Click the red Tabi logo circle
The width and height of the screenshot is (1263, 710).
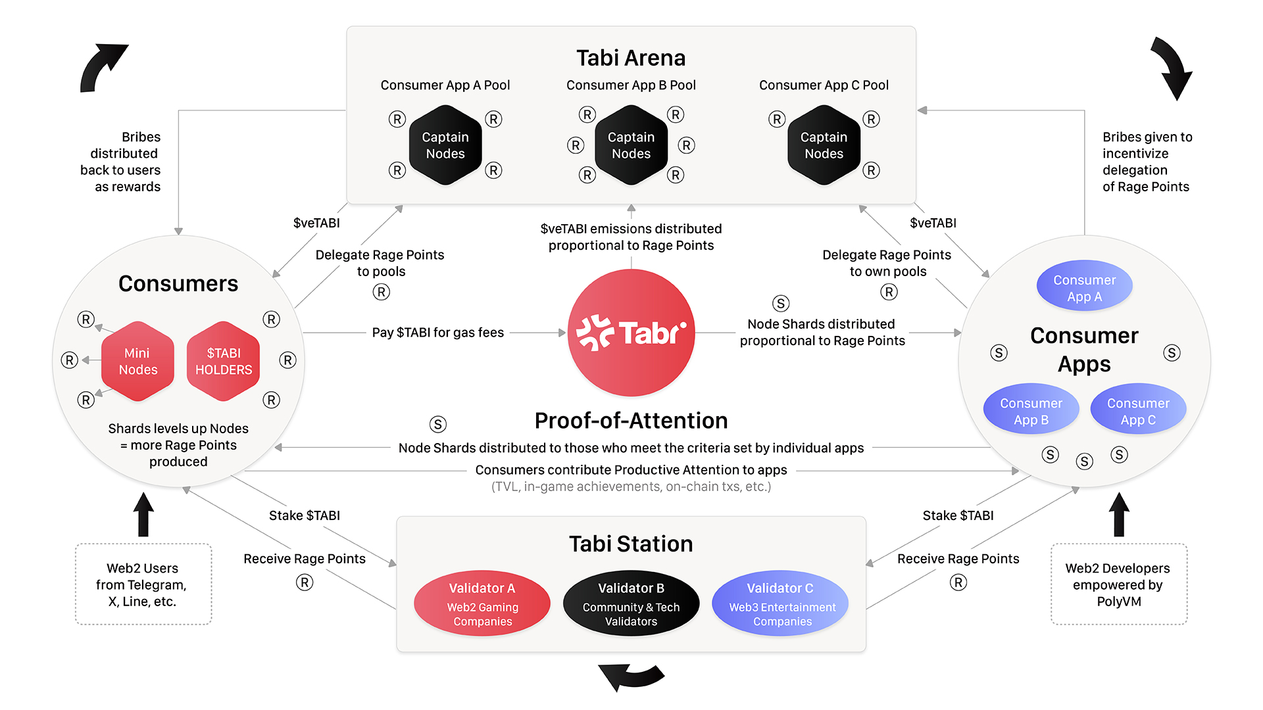631,333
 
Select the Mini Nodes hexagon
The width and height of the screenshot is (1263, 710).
137,361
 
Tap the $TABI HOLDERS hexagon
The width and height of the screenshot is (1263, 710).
224,361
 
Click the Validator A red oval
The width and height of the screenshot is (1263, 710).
482,603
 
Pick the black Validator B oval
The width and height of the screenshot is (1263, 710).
631,603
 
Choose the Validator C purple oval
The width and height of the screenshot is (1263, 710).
780,603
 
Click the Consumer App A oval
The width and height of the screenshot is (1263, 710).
1084,287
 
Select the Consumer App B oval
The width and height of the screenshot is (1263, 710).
1031,410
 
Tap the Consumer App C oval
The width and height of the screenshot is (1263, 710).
1138,410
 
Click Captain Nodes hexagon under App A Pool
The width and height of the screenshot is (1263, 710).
445,145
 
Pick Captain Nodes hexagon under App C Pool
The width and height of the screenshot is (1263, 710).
824,145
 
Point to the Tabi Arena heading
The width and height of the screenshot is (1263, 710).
631,58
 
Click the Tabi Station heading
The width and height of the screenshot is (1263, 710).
631,544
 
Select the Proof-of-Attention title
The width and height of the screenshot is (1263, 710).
631,421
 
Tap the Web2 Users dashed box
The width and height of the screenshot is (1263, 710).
143,584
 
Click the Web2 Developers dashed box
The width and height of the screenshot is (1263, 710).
1118,584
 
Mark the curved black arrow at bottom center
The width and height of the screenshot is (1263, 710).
631,676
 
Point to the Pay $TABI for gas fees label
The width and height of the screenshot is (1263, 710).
437,333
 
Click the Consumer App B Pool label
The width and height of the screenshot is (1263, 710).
631,85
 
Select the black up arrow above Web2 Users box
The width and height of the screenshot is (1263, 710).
143,515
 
